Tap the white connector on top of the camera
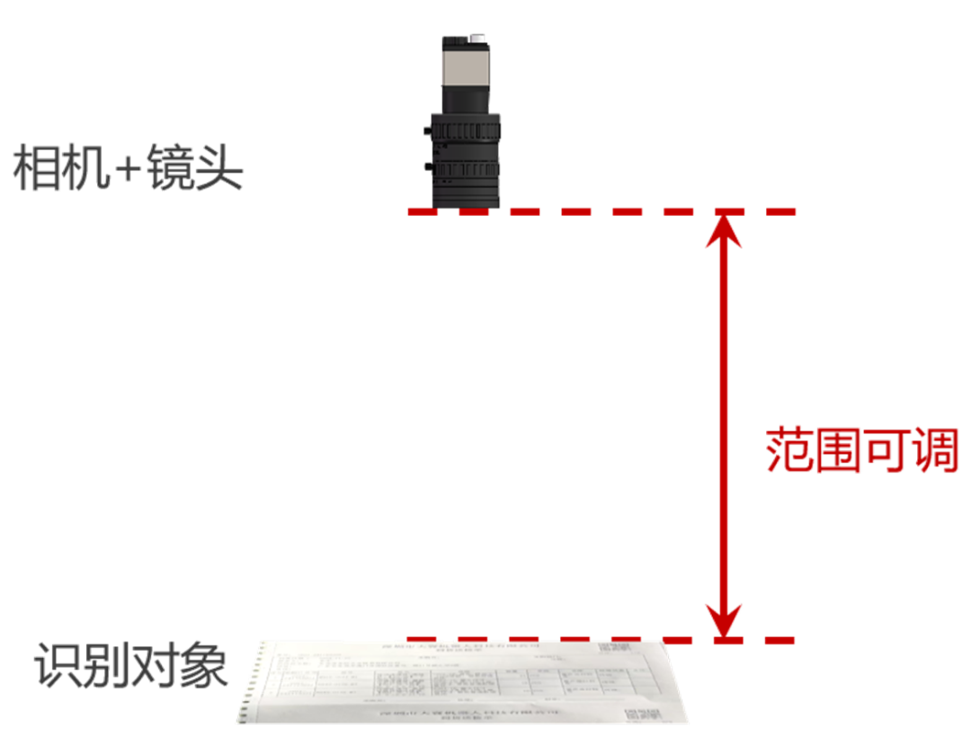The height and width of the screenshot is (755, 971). pos(477,40)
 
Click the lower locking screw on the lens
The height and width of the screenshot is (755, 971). pos(427,168)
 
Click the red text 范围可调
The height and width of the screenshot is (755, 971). pos(862,450)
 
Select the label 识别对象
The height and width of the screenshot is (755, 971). pos(131,666)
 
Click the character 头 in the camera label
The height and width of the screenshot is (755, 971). pos(220,168)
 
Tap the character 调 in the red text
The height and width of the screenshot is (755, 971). pos(936,450)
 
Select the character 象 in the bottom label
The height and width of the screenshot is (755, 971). pos(205,666)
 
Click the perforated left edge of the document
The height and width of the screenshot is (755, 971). pos(250,683)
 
